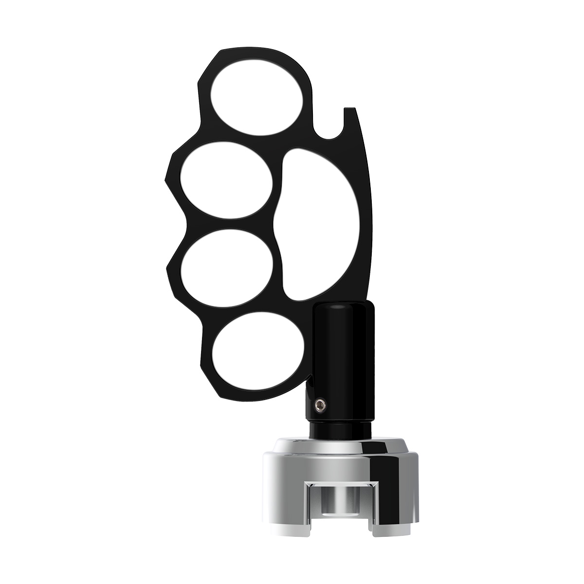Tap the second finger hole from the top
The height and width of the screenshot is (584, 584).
[226, 181]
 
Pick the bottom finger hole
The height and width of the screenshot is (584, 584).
[257, 350]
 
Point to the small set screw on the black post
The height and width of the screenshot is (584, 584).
[320, 404]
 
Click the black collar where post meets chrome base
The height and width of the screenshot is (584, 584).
[341, 430]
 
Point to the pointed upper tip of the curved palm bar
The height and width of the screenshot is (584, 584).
[351, 110]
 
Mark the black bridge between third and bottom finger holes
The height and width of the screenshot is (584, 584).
[243, 309]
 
